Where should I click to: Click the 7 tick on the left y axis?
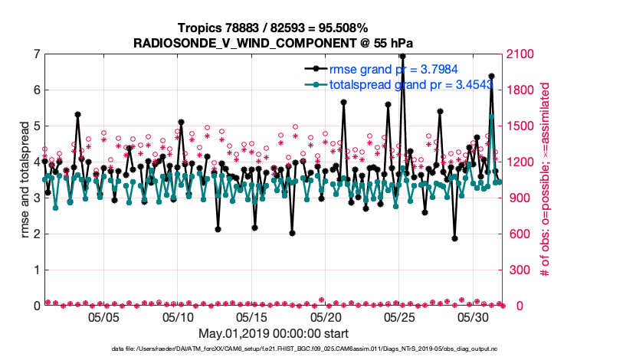click(37, 54)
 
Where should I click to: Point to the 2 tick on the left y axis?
click(37, 234)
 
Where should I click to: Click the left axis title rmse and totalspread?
click(24, 180)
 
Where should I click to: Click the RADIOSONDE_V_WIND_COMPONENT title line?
click(274, 43)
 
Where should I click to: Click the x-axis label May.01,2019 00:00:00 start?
click(274, 334)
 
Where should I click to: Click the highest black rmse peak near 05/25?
click(402, 56)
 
